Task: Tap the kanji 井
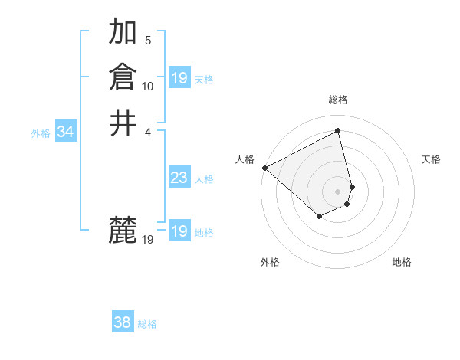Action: (x=123, y=123)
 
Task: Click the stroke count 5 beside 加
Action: (x=148, y=40)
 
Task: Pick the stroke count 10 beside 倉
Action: (x=148, y=86)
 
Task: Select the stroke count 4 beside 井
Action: (x=148, y=131)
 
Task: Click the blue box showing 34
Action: (x=65, y=133)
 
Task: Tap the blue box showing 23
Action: (x=179, y=178)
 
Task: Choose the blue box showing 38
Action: (x=123, y=323)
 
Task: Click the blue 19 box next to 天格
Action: (x=179, y=78)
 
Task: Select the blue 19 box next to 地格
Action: (x=179, y=232)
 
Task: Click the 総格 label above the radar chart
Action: (x=338, y=100)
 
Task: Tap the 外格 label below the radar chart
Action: (x=270, y=263)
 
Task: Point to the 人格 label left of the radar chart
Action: (x=245, y=159)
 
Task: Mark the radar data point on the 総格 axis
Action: (x=338, y=132)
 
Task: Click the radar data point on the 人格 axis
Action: (x=264, y=167)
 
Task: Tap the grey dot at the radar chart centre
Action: (x=338, y=191)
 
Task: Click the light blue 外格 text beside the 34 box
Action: (x=41, y=133)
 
